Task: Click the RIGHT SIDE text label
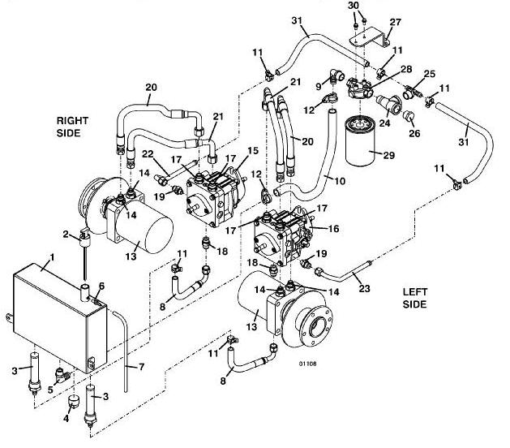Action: pos(72,127)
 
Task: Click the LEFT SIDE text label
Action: pos(414,298)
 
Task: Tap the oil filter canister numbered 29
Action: pos(360,139)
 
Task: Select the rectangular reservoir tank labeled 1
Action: pos(60,318)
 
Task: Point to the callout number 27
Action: pos(395,22)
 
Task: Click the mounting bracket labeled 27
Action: pos(370,38)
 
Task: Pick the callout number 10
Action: pos(340,181)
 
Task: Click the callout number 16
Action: pos(333,229)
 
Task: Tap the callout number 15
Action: pos(253,151)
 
